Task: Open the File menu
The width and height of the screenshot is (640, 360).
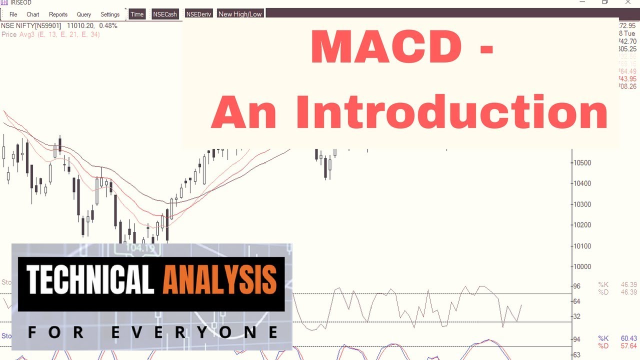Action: pos(13,14)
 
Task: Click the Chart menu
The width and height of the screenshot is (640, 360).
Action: pos(33,14)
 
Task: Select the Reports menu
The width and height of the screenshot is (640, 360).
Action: pos(58,14)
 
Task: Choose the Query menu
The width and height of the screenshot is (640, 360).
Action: pos(84,14)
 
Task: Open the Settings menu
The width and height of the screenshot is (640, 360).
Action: pos(110,14)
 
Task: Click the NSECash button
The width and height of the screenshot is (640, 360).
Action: pos(165,14)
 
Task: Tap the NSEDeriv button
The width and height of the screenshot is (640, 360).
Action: pos(198,14)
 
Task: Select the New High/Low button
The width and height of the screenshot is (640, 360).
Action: pos(240,14)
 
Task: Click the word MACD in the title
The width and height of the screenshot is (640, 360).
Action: pos(386,48)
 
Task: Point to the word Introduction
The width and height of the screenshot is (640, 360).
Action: pos(451,112)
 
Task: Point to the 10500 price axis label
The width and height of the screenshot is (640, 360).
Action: pos(581,163)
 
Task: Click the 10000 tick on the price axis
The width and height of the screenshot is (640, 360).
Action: pos(581,267)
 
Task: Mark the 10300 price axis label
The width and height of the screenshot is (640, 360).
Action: pos(581,204)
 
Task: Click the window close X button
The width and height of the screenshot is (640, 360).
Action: pos(628,2)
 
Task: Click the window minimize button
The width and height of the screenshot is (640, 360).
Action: pos(582,2)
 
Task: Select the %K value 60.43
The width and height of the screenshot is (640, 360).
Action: pos(628,339)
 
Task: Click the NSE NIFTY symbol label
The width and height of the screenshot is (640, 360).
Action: pos(31,25)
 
